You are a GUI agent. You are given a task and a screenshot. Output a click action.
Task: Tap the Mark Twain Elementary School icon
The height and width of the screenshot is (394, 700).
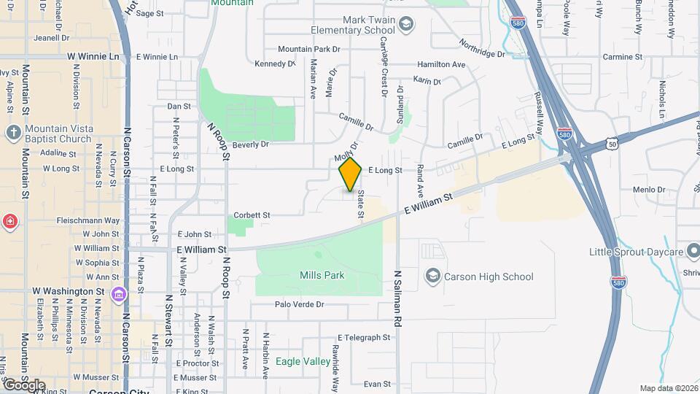pyautogui.click(x=406, y=25)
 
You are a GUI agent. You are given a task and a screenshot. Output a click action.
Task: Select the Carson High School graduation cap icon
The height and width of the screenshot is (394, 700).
pyautogui.click(x=433, y=277)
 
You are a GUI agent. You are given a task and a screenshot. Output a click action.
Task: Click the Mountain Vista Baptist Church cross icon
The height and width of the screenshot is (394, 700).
pyautogui.click(x=12, y=133)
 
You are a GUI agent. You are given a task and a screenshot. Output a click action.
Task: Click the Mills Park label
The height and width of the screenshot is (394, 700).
pyautogui.click(x=322, y=275)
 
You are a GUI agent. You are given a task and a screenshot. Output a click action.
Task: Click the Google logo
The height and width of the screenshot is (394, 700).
pyautogui.click(x=23, y=385)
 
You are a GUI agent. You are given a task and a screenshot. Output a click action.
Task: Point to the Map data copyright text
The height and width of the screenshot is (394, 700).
pyautogui.click(x=667, y=388)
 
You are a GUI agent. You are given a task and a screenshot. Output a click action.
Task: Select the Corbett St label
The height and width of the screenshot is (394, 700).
pyautogui.click(x=252, y=215)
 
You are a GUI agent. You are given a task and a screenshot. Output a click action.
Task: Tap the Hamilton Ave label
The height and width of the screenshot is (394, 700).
pyautogui.click(x=440, y=65)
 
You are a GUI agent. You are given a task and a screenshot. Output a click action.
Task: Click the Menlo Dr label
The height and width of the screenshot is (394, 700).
pyautogui.click(x=646, y=190)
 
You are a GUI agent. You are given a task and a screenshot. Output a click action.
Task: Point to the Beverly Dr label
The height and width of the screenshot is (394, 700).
pyautogui.click(x=251, y=144)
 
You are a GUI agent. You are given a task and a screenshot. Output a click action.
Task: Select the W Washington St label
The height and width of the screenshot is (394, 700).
pyautogui.click(x=69, y=291)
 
